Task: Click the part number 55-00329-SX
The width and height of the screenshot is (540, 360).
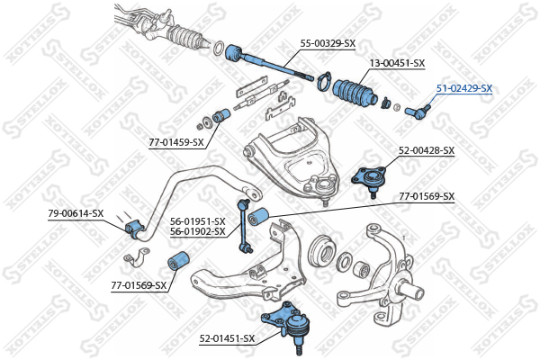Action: [328, 44]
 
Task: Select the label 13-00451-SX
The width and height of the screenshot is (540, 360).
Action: [397, 63]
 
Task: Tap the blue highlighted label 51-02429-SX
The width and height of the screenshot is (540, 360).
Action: [464, 88]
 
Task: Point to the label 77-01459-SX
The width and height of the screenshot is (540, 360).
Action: [176, 142]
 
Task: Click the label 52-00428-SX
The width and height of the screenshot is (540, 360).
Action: [427, 150]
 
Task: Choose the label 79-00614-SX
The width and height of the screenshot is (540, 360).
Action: [76, 213]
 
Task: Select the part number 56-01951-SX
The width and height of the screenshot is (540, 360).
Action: [198, 221]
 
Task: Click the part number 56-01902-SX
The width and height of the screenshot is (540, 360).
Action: [198, 231]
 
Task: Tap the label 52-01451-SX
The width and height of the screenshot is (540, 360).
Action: [228, 339]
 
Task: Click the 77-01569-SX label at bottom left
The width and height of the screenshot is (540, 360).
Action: [139, 285]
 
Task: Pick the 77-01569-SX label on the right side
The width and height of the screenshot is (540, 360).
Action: [427, 197]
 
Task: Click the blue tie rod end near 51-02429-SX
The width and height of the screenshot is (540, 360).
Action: [418, 112]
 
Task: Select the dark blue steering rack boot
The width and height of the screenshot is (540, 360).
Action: [355, 92]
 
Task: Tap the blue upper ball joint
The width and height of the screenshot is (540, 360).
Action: [369, 179]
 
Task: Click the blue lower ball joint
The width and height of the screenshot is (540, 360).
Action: [289, 323]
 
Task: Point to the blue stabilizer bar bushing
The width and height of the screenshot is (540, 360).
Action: [134, 229]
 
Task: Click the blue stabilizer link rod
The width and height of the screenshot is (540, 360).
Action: [245, 225]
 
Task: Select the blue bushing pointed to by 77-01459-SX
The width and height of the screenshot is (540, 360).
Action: [221, 115]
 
